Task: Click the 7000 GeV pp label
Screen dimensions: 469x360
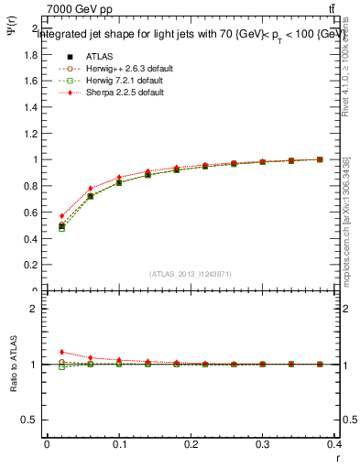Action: (x=80, y=9)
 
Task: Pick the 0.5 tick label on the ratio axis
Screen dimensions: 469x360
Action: (x=32, y=420)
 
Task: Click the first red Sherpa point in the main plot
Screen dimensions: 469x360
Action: (x=61, y=216)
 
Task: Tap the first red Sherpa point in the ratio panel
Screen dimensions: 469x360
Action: (x=61, y=352)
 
